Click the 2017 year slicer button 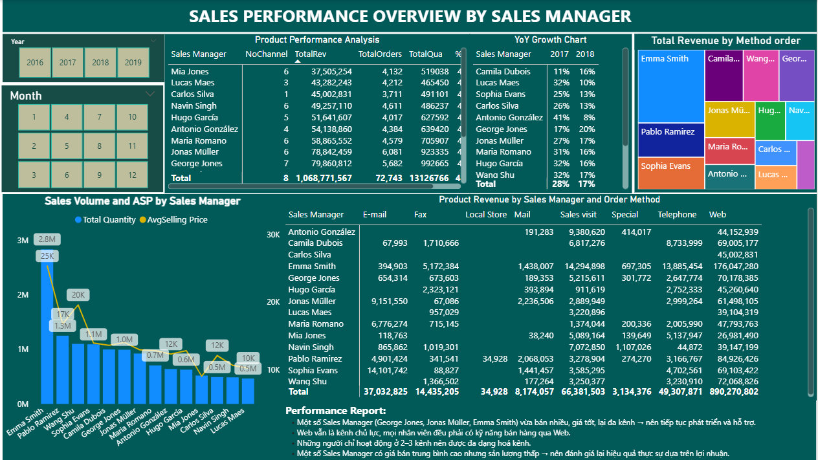pyautogui.click(x=68, y=63)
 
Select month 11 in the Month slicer pyautogui.click(x=132, y=146)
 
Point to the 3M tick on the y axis pyautogui.click(x=23, y=241)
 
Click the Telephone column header pyautogui.click(x=677, y=215)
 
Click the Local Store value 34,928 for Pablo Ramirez pyautogui.click(x=495, y=359)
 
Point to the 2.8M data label pyautogui.click(x=47, y=239)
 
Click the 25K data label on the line pyautogui.click(x=47, y=256)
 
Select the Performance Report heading pyautogui.click(x=335, y=411)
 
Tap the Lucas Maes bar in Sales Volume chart pyautogui.click(x=248, y=390)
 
